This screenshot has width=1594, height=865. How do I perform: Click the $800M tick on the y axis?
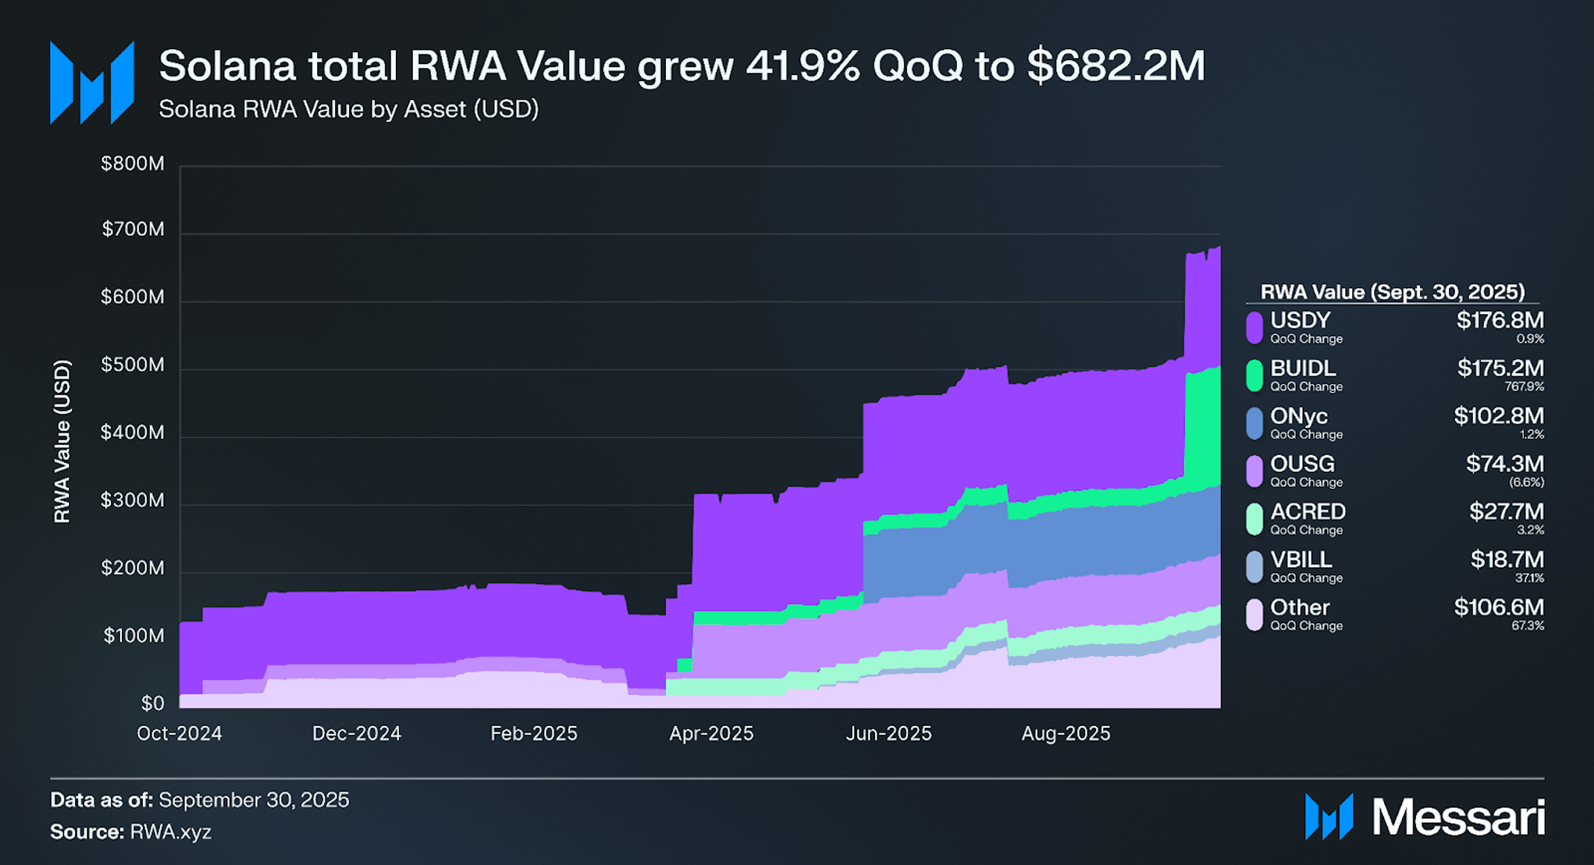[x=132, y=164]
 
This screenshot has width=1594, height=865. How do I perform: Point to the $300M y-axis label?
[x=132, y=500]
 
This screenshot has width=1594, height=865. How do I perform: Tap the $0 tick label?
[x=153, y=703]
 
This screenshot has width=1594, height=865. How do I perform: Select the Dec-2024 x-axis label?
[x=356, y=734]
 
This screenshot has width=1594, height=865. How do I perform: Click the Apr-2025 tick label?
[x=711, y=734]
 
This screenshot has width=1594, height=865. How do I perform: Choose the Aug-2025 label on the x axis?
[x=1066, y=734]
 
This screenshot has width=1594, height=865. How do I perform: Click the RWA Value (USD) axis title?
[x=63, y=441]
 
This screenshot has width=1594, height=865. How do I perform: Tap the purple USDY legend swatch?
[x=1255, y=328]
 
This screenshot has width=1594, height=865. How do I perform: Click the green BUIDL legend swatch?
[x=1255, y=375]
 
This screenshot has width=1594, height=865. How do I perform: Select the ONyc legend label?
[x=1299, y=416]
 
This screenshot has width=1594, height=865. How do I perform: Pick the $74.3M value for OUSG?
[x=1505, y=464]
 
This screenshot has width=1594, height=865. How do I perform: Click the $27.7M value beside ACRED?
[x=1506, y=511]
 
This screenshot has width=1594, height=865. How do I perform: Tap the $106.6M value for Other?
[x=1499, y=607]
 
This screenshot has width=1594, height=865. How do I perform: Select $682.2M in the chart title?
[x=1116, y=66]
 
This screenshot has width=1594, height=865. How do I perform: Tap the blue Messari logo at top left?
[x=92, y=83]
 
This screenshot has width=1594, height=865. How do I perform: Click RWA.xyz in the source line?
[x=170, y=832]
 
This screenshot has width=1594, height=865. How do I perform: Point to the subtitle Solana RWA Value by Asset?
[x=348, y=109]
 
